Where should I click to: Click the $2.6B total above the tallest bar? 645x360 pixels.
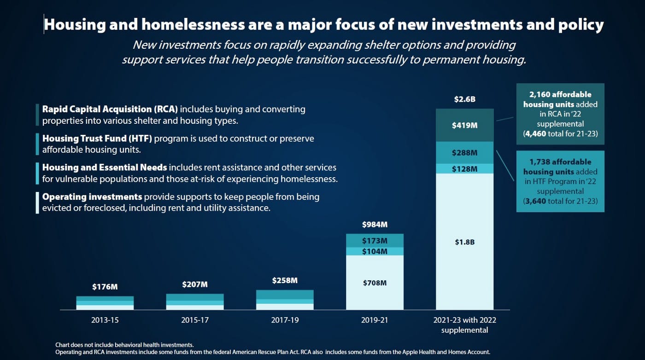464,99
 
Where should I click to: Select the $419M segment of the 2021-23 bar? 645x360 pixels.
464,125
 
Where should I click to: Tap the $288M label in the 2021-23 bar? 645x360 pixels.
464,152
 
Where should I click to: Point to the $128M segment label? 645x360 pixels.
464,169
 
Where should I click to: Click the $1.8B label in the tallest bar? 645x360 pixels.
464,242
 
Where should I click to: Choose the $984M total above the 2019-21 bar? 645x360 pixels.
375,225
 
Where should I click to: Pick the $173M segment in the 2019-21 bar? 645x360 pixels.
375,241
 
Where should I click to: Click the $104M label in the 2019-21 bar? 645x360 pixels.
375,251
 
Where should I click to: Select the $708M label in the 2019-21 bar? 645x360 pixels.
375,283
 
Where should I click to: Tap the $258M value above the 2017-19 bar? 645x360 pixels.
285,280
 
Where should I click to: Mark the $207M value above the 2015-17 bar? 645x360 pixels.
195,284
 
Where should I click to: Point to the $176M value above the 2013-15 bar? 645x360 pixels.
105,287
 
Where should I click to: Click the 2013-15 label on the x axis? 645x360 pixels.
105,320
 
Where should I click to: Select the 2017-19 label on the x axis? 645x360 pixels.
285,320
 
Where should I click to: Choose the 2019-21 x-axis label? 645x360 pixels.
375,320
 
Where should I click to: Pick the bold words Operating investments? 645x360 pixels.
92,197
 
